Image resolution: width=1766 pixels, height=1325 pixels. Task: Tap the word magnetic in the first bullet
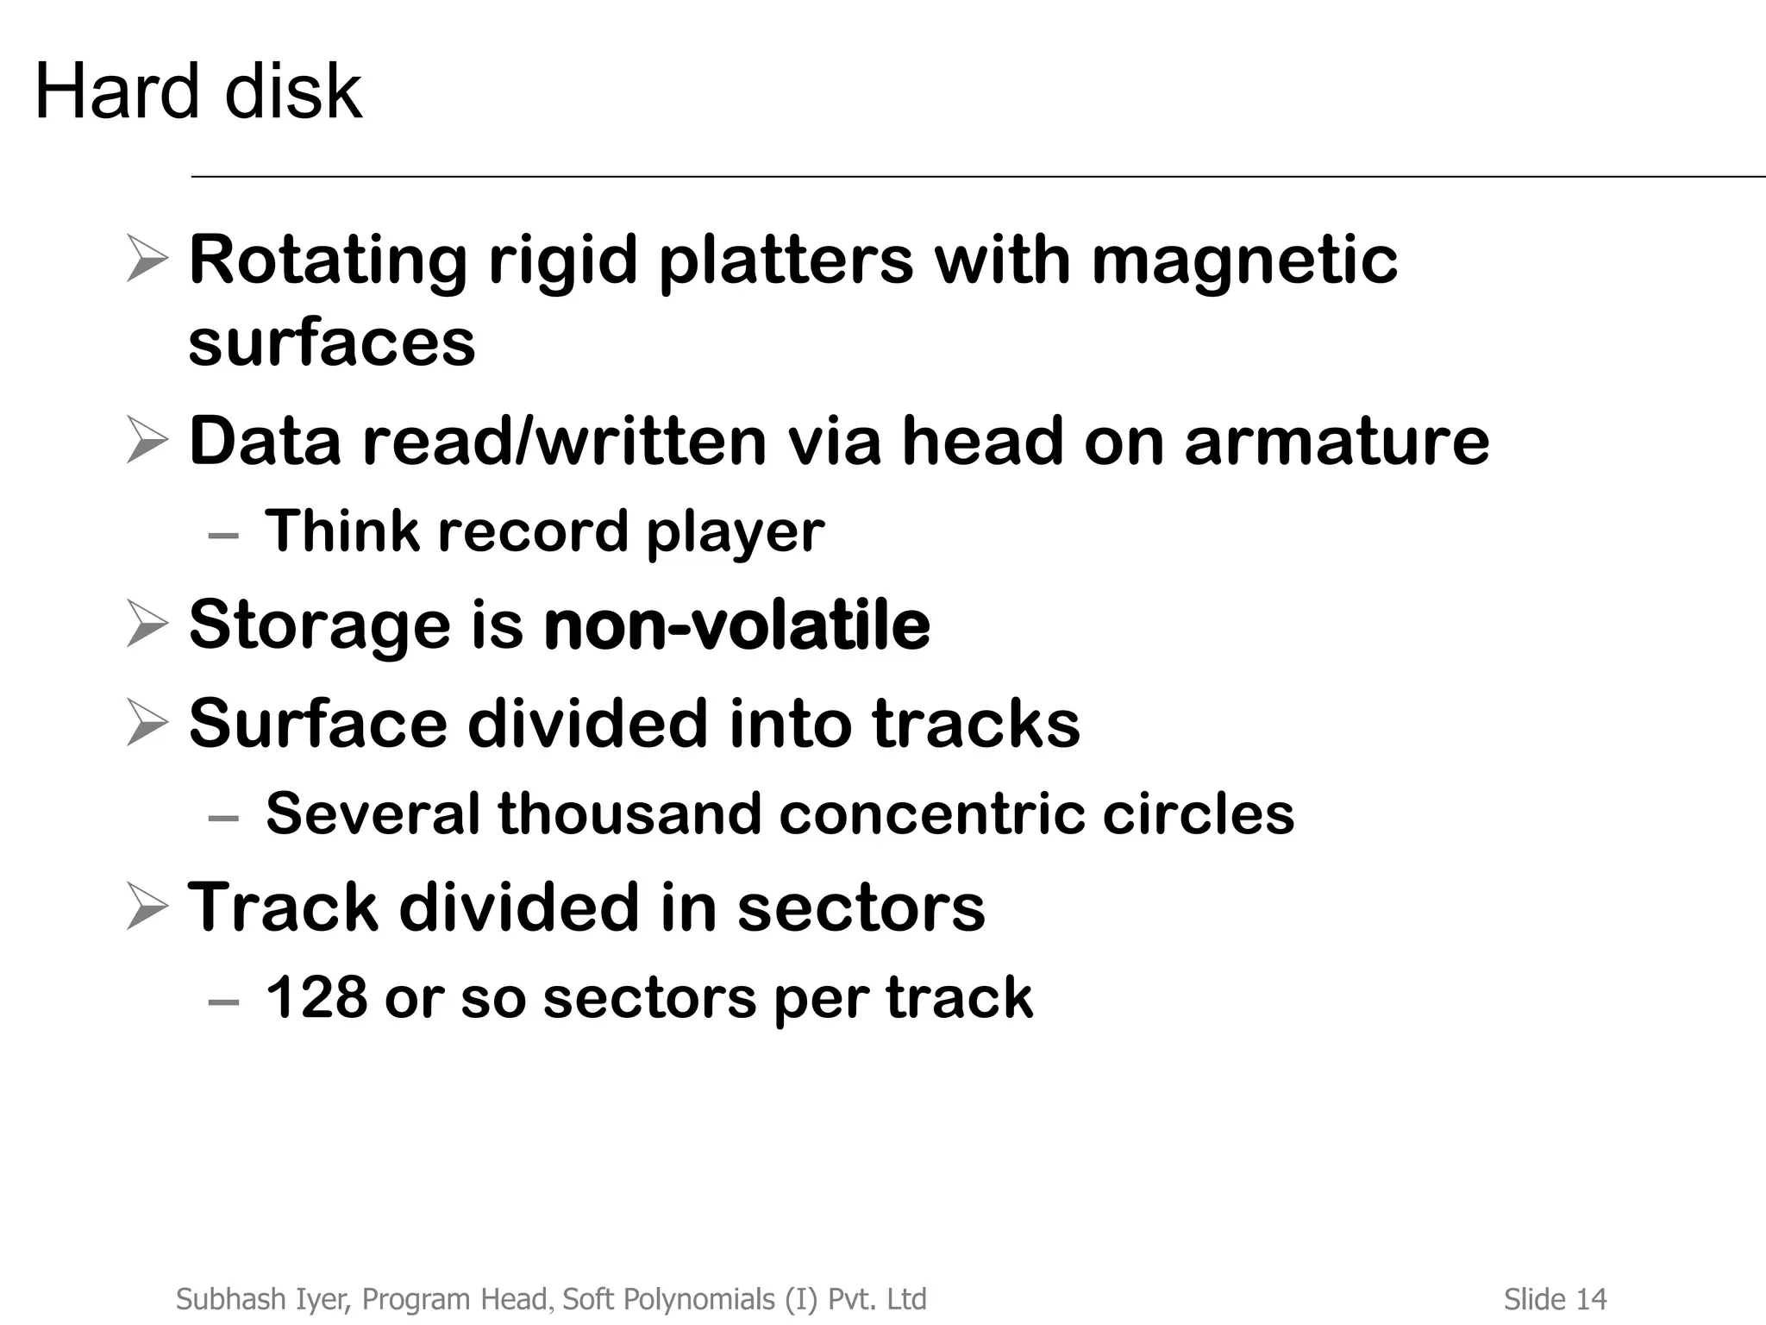pyautogui.click(x=1244, y=261)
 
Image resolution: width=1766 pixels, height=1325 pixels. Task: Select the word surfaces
pyautogui.click(x=332, y=342)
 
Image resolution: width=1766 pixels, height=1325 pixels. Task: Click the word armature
pyautogui.click(x=1337, y=442)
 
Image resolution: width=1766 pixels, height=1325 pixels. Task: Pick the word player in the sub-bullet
pyautogui.click(x=735, y=532)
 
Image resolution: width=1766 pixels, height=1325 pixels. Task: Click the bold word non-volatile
pyautogui.click(x=737, y=625)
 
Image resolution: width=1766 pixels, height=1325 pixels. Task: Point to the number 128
pyautogui.click(x=316, y=998)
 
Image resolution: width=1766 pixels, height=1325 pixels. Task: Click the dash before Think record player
pyautogui.click(x=223, y=537)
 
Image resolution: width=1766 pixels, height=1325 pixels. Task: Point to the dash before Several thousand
pyautogui.click(x=223, y=819)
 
